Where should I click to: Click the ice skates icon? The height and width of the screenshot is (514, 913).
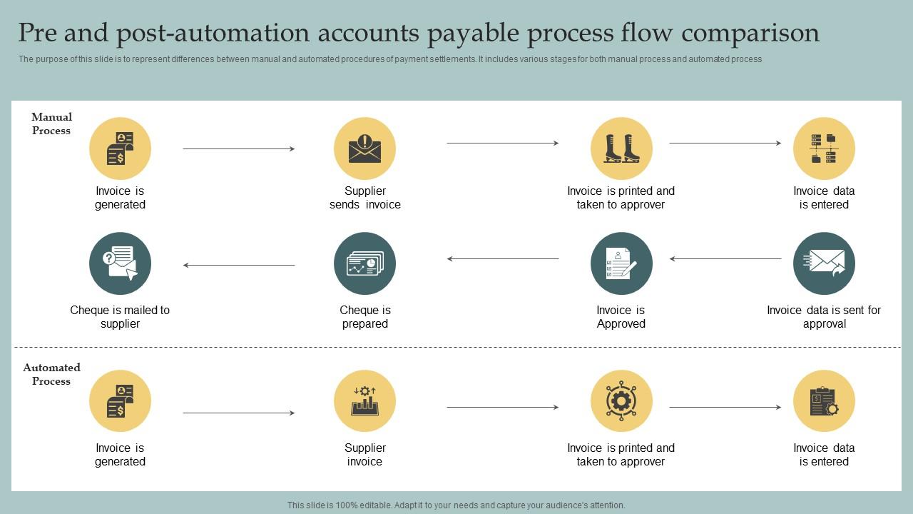[621, 148]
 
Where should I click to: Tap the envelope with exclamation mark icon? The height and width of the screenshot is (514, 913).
[364, 148]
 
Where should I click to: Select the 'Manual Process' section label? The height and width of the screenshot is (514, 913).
[51, 124]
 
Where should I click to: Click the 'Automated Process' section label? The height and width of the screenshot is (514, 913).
[51, 374]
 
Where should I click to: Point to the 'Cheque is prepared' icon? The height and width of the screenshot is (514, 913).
[364, 263]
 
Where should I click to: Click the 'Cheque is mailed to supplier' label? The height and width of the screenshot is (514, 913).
[120, 317]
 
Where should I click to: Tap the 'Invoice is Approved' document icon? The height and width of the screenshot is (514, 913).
[621, 263]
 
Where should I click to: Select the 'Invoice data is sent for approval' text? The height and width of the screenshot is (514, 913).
[824, 317]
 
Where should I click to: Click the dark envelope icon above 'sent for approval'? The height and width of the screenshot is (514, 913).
[824, 263]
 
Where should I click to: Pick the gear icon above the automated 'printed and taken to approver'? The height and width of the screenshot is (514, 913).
[621, 401]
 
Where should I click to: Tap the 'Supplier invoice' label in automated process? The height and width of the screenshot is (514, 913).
[364, 455]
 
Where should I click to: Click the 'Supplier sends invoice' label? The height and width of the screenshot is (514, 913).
[364, 198]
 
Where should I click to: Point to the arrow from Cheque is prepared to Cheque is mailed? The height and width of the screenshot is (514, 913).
[239, 265]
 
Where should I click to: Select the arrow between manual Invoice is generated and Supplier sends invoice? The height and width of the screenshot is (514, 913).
[239, 148]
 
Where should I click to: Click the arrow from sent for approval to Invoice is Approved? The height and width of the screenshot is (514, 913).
[725, 258]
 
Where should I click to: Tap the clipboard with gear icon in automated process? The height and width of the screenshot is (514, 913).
[824, 401]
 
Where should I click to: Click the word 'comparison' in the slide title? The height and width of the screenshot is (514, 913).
[750, 33]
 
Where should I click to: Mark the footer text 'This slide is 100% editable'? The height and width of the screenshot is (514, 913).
[456, 505]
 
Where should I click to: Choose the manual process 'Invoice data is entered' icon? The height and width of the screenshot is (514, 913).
[824, 148]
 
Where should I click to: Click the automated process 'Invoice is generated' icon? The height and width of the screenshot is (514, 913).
[120, 401]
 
